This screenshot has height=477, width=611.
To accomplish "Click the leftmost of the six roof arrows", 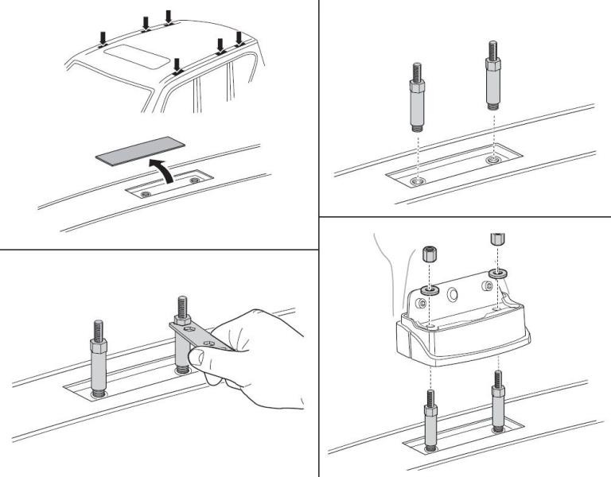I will point(103,37).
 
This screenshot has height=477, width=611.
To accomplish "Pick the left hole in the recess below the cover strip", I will point(144,192).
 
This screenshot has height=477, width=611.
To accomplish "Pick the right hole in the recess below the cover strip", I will point(196,180).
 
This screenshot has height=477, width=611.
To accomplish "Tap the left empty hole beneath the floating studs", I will point(417,181).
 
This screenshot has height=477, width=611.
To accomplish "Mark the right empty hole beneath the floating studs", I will point(491,160).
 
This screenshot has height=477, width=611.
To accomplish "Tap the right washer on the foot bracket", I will point(498,273).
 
